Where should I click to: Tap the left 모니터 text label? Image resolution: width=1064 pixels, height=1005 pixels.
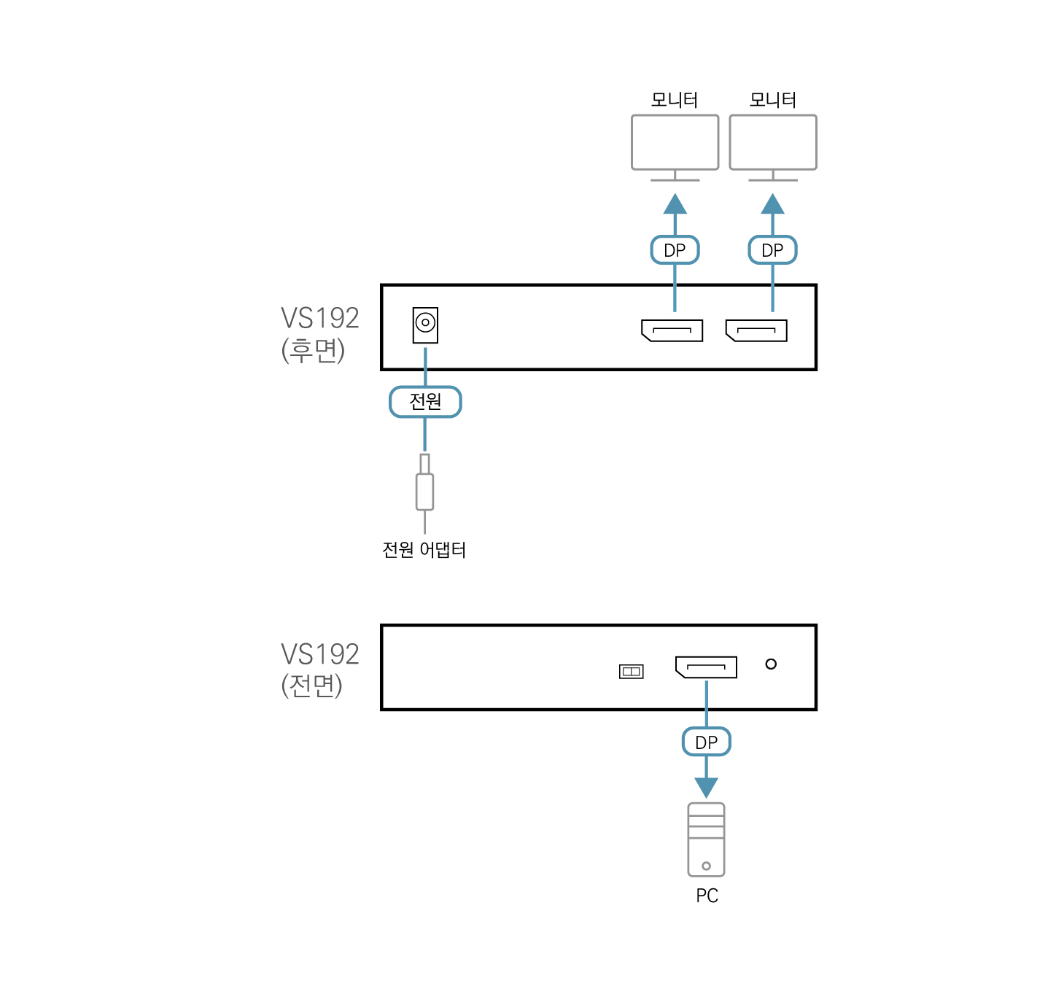point(675,100)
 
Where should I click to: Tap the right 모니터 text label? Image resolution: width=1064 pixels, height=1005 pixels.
point(773,100)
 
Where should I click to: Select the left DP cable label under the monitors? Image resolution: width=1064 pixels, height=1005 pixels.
point(675,250)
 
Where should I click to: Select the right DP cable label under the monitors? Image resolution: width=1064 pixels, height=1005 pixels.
point(772,250)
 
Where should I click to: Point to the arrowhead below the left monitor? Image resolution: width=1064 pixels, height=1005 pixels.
point(675,204)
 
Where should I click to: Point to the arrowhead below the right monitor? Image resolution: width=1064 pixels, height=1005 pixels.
point(773,204)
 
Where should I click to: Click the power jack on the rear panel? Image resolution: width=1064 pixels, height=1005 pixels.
point(425,325)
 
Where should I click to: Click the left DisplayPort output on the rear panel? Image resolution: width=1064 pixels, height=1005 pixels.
point(672,330)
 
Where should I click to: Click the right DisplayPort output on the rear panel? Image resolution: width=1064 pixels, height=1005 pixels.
point(756,330)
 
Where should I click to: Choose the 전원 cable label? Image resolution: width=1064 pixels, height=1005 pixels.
point(425,402)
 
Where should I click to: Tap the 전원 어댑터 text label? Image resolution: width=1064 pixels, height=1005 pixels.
point(424,550)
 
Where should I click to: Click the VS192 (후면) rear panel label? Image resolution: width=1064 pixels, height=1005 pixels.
point(319,334)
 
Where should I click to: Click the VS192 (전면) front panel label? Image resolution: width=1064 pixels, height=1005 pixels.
point(319,670)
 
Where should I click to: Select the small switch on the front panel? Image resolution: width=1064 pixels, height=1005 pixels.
point(631,671)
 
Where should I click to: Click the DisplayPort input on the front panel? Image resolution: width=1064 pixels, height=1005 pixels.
point(706,667)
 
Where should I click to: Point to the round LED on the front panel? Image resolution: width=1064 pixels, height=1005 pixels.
point(771,664)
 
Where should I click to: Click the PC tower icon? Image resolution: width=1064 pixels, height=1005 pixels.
point(706,839)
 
